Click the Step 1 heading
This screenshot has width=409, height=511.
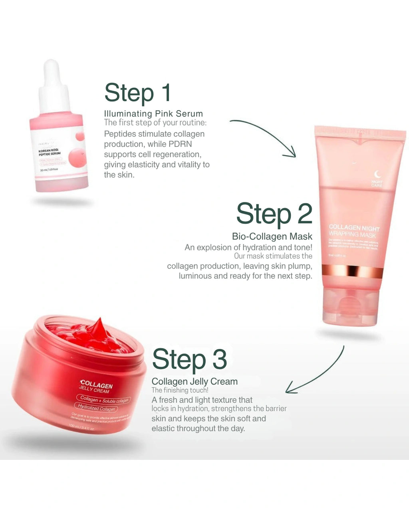click(138, 93)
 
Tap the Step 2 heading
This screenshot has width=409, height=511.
click(274, 214)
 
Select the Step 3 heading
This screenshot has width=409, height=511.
click(189, 359)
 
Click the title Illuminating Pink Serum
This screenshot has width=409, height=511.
click(153, 114)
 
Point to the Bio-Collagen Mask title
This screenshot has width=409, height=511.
click(272, 236)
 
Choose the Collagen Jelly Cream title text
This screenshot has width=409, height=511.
click(195, 382)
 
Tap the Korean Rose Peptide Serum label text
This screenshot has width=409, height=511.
click(49, 152)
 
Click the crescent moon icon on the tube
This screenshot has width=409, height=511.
click(377, 174)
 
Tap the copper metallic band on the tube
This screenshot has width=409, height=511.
click(351, 271)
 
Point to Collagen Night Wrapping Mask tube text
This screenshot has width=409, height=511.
click(353, 231)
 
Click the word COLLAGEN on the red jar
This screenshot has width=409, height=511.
click(96, 384)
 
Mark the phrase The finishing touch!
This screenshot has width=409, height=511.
click(180, 390)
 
